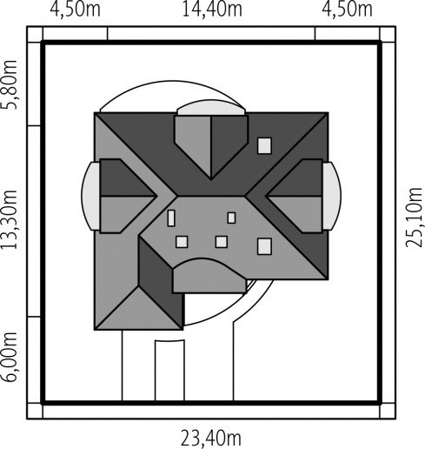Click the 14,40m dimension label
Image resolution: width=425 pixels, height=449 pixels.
tap(212, 10)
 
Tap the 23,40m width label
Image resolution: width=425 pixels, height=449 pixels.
tap(211, 439)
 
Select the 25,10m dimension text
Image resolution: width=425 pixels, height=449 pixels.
tap(414, 218)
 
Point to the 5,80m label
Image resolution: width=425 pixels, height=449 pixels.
tap(10, 84)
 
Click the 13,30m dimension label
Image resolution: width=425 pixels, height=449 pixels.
tap(10, 220)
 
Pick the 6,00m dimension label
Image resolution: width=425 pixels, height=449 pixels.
tap(10, 357)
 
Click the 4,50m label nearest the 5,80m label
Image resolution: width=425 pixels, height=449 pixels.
tap(76, 10)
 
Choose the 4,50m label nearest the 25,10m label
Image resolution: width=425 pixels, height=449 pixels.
tap(347, 10)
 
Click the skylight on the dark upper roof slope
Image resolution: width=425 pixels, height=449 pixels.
tap(264, 145)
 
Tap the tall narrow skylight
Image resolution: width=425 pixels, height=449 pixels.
tap(171, 218)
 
